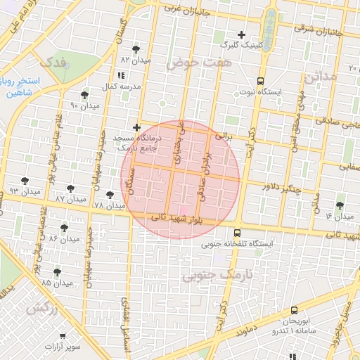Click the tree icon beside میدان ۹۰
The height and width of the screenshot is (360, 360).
coord(85,95)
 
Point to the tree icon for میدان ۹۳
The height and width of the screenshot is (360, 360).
coord(25,181)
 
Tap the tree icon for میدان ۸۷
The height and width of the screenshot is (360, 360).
coord(70,188)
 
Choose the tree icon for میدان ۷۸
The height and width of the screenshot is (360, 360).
coord(109,195)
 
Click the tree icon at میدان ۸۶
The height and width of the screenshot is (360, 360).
coord(64,228)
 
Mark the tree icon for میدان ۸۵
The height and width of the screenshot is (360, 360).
coord(57,272)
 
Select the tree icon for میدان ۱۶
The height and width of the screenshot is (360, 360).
coord(340,205)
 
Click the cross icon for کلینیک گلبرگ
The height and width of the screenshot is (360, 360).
coord(242,34)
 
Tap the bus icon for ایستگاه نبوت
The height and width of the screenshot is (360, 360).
coord(260,81)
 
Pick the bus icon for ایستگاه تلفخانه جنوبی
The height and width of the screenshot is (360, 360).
coord(237,233)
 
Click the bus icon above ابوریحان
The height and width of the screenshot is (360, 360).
coord(293,307)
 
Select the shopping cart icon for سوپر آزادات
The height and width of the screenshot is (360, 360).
coord(63,337)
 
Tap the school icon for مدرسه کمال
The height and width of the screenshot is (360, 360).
coord(121,75)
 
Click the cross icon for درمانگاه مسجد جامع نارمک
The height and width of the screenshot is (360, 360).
coord(136,127)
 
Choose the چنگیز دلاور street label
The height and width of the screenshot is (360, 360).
coord(281,189)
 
